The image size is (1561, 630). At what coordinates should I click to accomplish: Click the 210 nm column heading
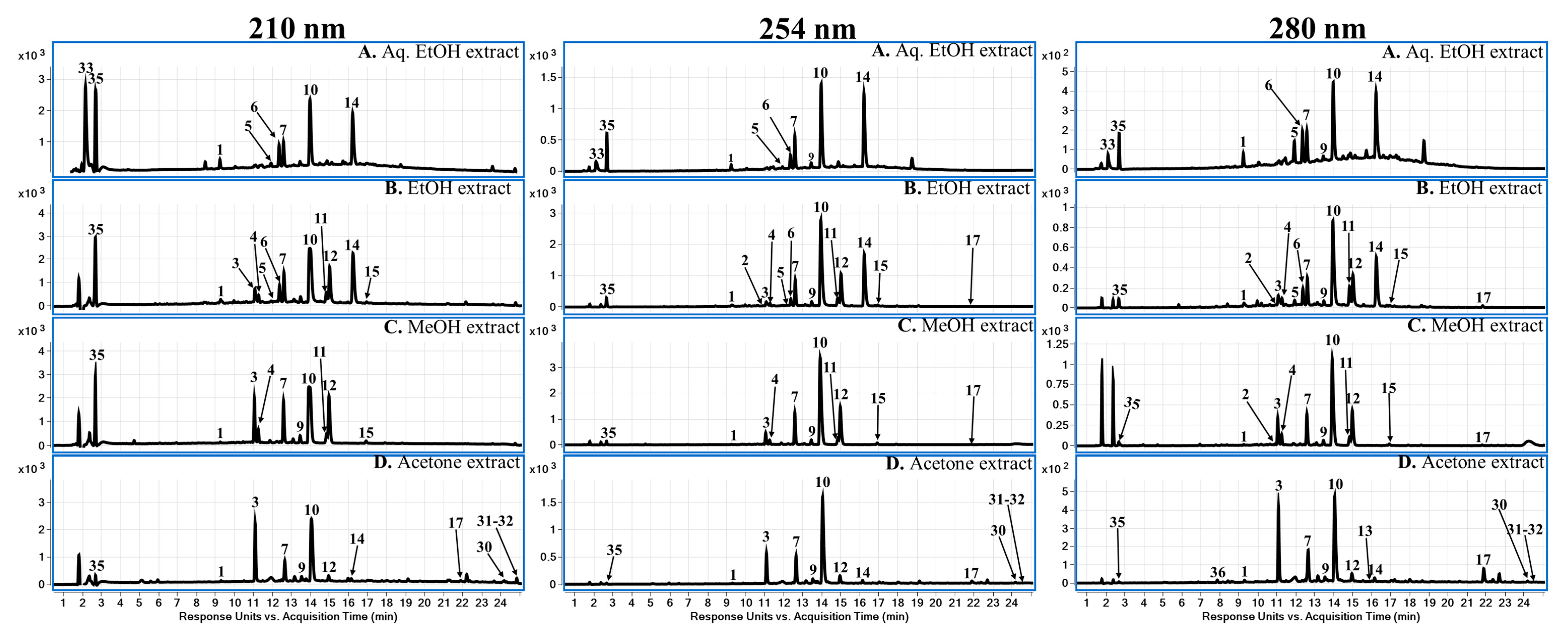(297, 28)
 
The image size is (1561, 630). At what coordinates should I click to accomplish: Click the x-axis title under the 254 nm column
(799, 617)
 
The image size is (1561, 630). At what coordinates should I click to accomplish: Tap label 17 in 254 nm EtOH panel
(972, 241)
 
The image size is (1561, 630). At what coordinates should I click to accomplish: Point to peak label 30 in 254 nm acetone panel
(997, 531)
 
